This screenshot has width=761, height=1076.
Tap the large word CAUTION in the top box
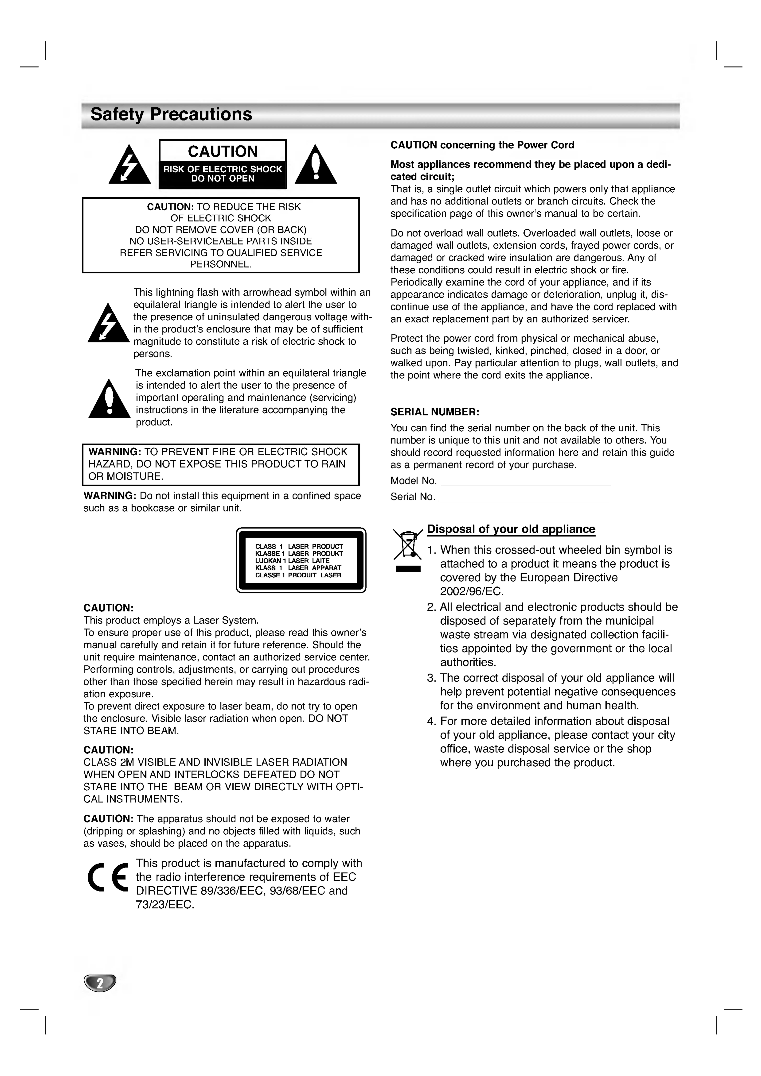coord(223,151)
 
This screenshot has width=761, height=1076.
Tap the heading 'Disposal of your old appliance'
coord(511,530)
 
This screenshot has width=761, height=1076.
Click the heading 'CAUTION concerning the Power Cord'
coord(482,145)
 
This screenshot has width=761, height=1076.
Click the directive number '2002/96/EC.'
coord(472,591)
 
